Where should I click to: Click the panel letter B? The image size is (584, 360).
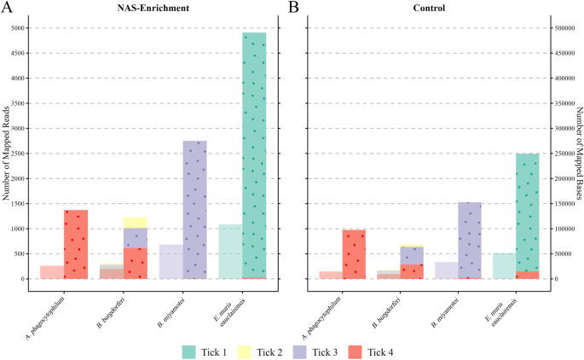292,8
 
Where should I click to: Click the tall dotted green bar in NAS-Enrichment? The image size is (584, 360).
254,154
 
